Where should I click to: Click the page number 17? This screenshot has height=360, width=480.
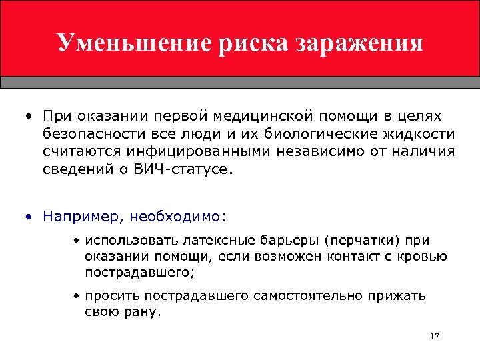coord(435,336)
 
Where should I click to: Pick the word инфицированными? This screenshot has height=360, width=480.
coord(191,152)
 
